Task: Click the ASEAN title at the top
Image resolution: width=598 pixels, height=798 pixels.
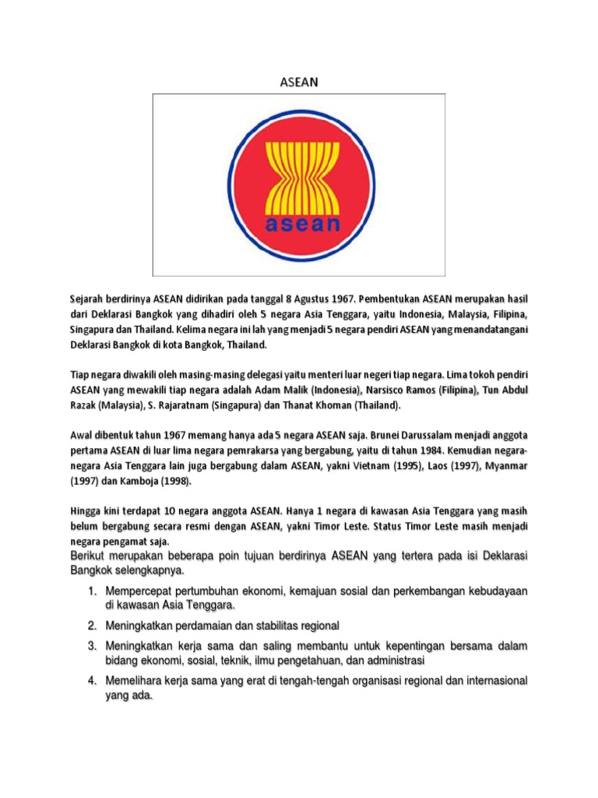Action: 299,80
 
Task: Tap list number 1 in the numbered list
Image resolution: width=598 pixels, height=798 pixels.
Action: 91,592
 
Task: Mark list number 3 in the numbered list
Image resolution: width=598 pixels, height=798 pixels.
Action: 91,646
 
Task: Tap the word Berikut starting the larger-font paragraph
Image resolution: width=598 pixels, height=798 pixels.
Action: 86,556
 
